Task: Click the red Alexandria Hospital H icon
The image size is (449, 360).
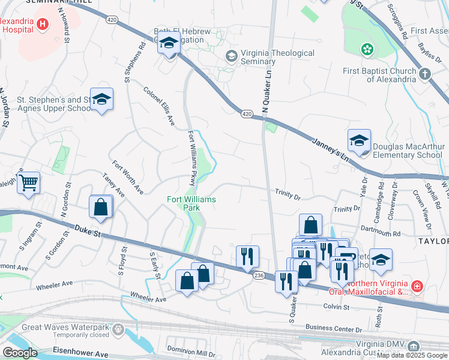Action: click(x=43, y=25)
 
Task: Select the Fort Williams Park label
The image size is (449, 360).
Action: click(x=191, y=203)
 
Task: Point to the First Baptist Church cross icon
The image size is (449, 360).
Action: click(x=424, y=74)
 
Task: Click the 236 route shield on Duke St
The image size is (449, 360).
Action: click(x=259, y=275)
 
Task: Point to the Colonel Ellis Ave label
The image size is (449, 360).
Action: click(x=159, y=106)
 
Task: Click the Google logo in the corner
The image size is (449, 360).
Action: click(x=20, y=352)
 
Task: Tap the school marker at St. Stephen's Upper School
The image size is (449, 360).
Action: click(x=102, y=100)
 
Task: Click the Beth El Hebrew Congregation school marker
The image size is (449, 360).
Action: click(x=169, y=44)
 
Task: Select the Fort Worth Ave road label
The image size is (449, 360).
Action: click(x=128, y=177)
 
